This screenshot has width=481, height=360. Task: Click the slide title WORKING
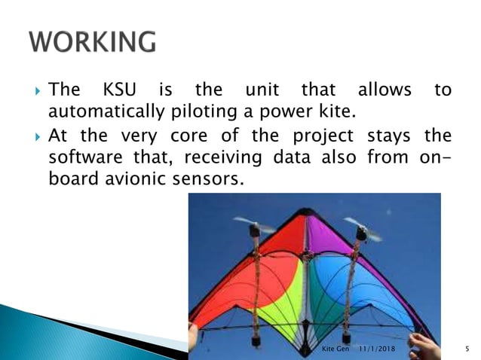[x=93, y=42]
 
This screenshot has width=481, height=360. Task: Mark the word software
[x=81, y=159]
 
